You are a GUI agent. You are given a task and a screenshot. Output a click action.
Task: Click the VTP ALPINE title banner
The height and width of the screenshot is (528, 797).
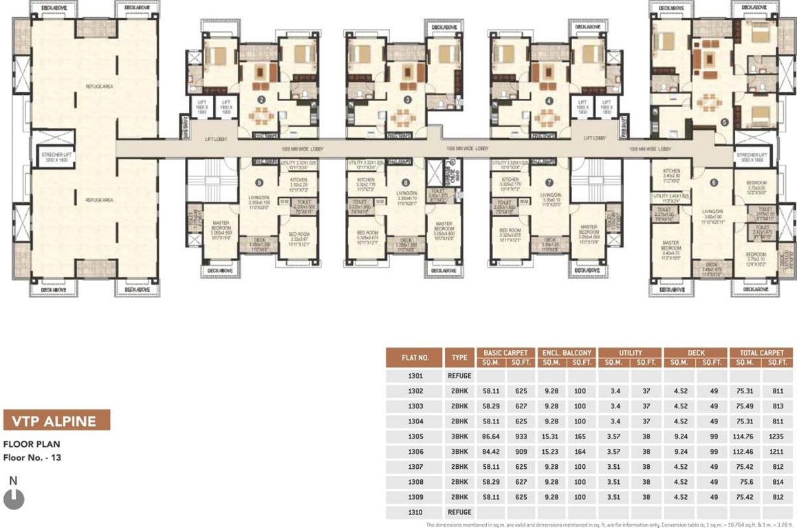point(57,421)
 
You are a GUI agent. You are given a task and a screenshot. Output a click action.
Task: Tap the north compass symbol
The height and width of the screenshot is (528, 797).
point(14,498)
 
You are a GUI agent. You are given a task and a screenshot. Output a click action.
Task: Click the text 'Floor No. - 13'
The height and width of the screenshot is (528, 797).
point(32,456)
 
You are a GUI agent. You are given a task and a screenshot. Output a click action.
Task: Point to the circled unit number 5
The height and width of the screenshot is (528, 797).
point(724,122)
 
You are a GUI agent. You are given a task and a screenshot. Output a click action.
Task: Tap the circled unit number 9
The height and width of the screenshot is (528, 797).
point(259,182)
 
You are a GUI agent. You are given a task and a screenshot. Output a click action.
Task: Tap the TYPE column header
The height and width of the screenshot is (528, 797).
point(460,357)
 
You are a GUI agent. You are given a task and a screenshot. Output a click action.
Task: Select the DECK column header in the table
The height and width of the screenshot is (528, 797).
point(695,353)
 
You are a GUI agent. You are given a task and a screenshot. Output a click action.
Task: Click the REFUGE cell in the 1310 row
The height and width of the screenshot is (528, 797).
point(460,512)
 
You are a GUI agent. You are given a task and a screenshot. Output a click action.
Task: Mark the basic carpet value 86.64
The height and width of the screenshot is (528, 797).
point(491,436)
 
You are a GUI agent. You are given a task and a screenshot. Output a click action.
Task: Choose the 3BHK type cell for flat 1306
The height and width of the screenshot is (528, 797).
point(460,451)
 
